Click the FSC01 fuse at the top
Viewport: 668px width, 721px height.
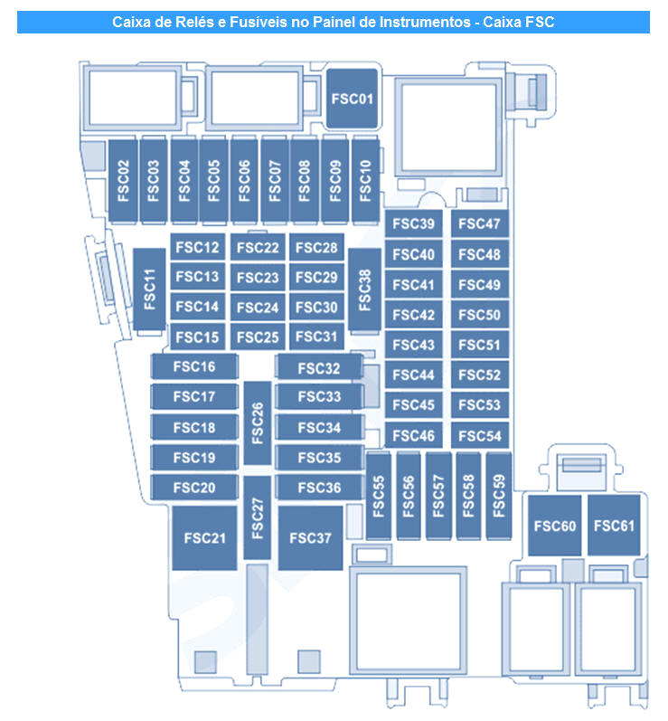coord(352,97)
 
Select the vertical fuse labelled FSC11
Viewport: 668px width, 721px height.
coord(150,291)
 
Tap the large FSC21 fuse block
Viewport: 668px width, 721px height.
coord(205,537)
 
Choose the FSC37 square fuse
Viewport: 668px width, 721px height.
coord(310,537)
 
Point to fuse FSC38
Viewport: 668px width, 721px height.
coord(364,289)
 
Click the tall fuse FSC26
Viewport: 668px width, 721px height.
coord(259,423)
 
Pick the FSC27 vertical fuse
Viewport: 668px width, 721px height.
coord(258,516)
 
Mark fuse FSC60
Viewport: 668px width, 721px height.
coord(554,526)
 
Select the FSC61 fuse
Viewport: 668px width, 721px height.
coord(614,526)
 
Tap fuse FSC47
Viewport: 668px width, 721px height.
coord(478,224)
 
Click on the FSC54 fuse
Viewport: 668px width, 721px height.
coord(478,435)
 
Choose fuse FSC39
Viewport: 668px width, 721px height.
coord(414,224)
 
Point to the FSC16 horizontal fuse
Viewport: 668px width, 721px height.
coord(194,366)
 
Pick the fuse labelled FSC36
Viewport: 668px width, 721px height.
coord(319,488)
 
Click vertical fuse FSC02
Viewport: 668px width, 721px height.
coord(124,182)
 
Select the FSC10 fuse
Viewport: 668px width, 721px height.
coord(365,182)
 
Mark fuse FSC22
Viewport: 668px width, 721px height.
coord(258,248)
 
